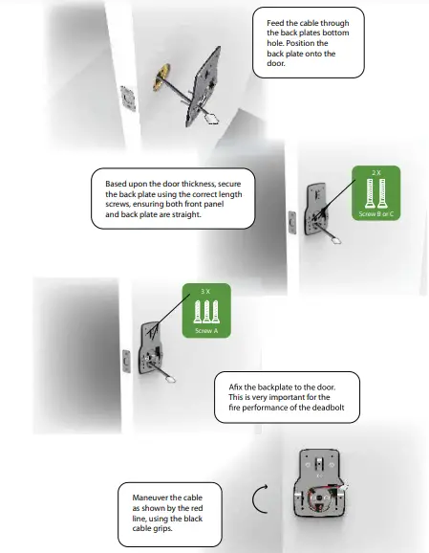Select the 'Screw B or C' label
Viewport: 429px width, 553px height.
point(375,215)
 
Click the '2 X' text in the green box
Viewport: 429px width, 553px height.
point(375,172)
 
